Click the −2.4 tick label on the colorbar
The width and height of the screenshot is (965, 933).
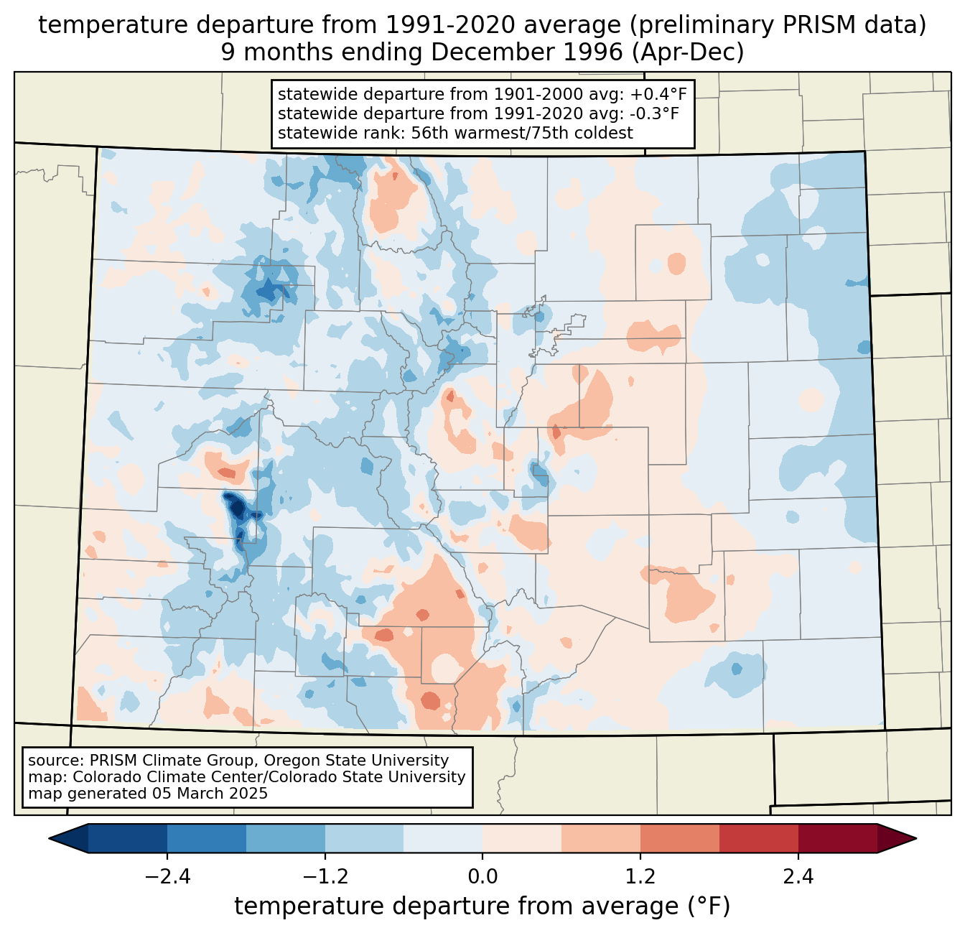click(167, 877)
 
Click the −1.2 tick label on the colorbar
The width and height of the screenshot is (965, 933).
click(325, 877)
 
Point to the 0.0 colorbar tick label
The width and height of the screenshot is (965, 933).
click(482, 877)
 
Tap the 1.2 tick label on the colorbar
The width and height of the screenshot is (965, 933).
click(640, 877)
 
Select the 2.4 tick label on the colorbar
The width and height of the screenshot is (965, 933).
click(798, 877)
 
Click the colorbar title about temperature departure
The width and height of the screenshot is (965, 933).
click(482, 906)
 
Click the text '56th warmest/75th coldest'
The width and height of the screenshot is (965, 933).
click(522, 133)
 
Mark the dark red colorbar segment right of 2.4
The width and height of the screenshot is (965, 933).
click(837, 838)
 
